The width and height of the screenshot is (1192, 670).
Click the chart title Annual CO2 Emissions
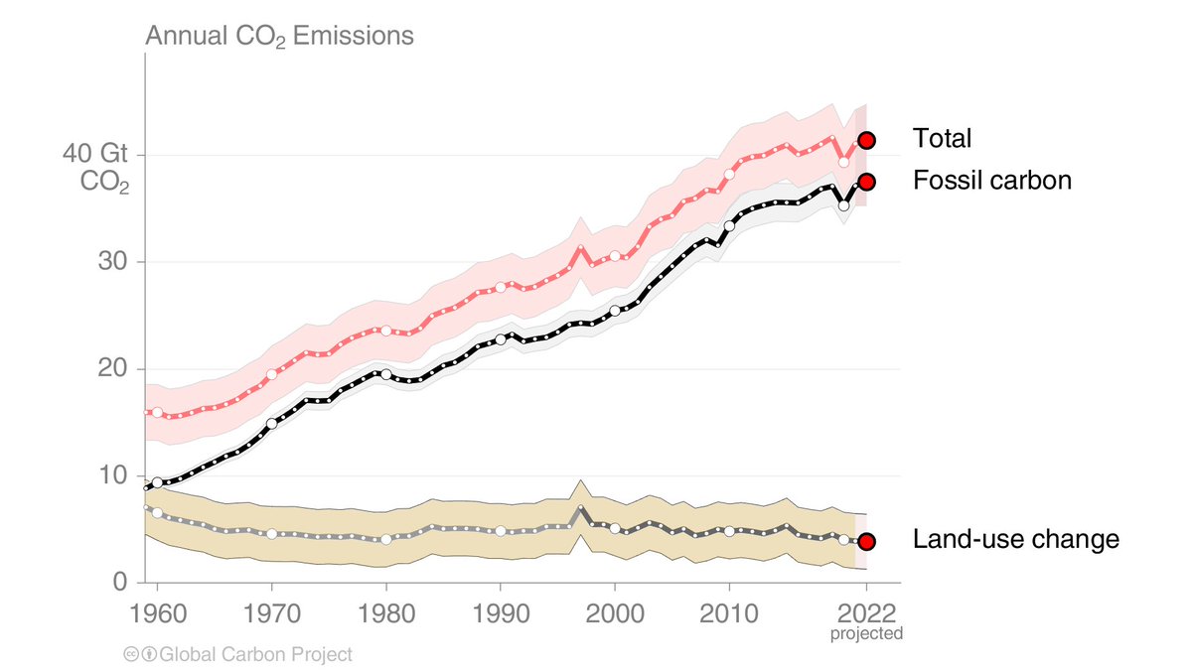pyautogui.click(x=279, y=38)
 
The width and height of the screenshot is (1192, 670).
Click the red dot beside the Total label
pyautogui.click(x=866, y=140)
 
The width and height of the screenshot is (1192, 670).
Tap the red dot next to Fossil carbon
pyautogui.click(x=866, y=182)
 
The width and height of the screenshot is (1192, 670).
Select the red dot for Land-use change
pyautogui.click(x=866, y=541)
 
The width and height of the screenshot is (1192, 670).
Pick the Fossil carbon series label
pyautogui.click(x=991, y=182)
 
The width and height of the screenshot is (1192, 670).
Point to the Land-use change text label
pyautogui.click(x=1015, y=540)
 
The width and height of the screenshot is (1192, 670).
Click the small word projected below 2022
pyautogui.click(x=866, y=633)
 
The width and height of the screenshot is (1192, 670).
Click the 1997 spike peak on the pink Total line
pyautogui.click(x=581, y=247)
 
